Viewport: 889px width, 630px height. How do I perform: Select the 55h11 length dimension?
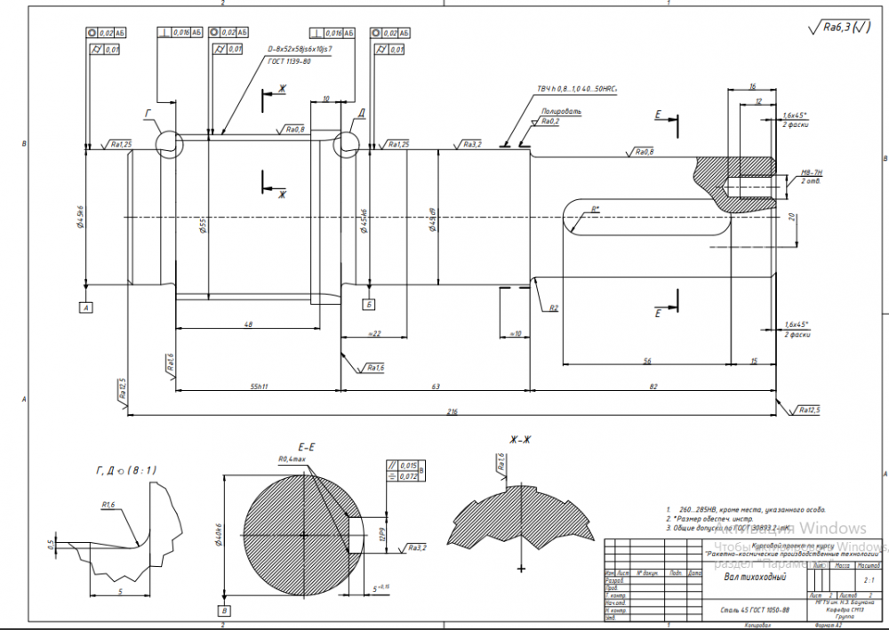coord(260,387)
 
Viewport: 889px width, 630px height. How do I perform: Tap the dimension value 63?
coord(436,387)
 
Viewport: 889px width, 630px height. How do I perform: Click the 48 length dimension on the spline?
coord(248,324)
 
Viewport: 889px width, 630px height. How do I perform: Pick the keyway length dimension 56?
coord(646,361)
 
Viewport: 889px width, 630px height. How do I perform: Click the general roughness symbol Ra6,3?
coord(841,28)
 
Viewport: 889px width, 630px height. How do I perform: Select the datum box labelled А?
coord(86,307)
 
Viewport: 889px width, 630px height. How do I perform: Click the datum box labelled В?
coord(225,610)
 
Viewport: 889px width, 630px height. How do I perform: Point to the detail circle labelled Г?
coord(168,144)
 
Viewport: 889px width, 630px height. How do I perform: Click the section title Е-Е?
coord(309,446)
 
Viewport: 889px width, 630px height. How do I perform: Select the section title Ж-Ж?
coord(520,439)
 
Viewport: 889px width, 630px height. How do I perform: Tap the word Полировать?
coord(562,112)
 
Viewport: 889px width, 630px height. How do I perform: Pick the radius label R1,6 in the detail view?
coord(109,505)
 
